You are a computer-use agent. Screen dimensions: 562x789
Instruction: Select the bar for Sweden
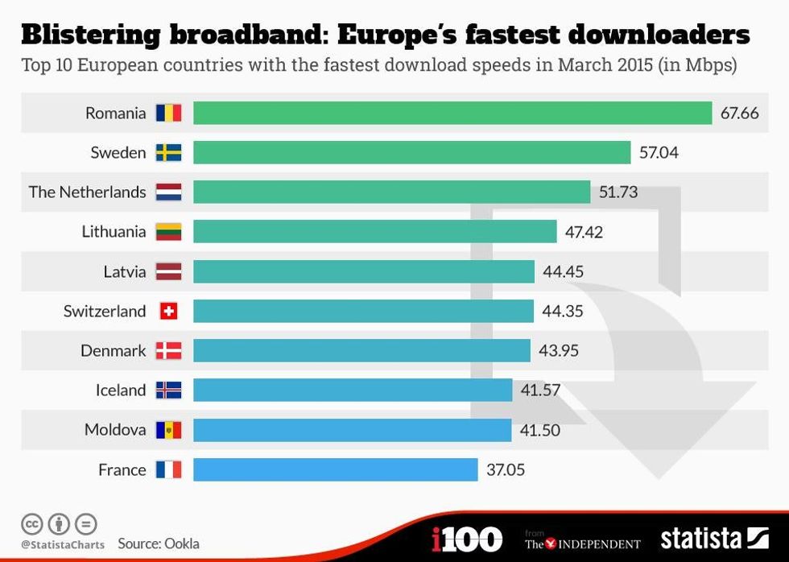point(411,152)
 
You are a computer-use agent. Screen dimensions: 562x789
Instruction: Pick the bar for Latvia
point(363,271)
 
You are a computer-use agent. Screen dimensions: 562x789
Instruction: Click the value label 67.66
point(739,113)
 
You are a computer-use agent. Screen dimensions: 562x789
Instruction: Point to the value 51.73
point(618,192)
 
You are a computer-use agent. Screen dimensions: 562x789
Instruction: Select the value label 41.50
point(539,430)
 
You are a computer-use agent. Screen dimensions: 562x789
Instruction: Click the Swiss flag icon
point(168,311)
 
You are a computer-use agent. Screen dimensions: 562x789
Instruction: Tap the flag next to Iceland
point(168,391)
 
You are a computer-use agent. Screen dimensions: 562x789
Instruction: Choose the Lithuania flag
point(168,232)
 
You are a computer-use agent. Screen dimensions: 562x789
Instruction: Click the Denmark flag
point(168,350)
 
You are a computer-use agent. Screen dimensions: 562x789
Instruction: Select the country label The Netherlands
point(87,192)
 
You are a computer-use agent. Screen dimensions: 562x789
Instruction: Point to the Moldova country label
point(115,430)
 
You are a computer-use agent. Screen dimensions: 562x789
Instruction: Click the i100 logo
point(467,539)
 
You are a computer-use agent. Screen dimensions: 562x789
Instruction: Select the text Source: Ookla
point(159,543)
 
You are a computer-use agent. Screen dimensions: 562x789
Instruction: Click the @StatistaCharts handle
point(62,544)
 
